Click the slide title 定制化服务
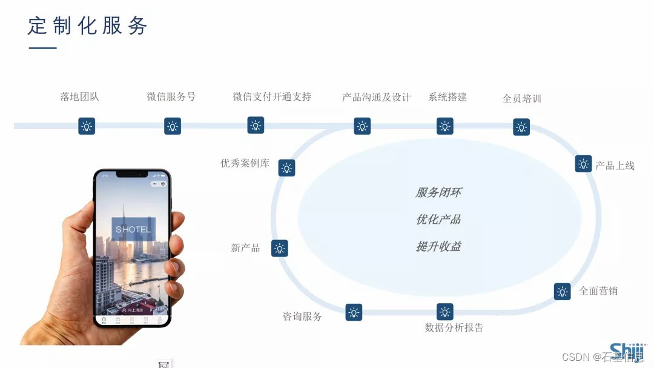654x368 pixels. (88, 25)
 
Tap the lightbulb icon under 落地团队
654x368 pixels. (87, 126)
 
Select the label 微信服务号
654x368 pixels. (171, 96)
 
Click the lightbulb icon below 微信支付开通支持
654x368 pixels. (256, 125)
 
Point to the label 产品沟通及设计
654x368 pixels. (376, 97)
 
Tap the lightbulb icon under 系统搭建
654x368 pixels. (445, 126)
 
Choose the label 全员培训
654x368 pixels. (521, 98)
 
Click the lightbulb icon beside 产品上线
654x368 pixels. (583, 164)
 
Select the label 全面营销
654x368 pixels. (598, 291)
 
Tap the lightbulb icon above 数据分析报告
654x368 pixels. (445, 312)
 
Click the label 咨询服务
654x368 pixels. (302, 316)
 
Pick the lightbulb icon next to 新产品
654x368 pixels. (279, 248)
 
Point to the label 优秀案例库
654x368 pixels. (245, 163)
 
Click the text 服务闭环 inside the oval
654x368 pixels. (438, 192)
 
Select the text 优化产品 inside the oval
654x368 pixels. (438, 219)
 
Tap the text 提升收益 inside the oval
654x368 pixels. (438, 247)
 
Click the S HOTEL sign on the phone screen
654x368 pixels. (133, 230)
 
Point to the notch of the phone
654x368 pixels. (132, 175)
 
